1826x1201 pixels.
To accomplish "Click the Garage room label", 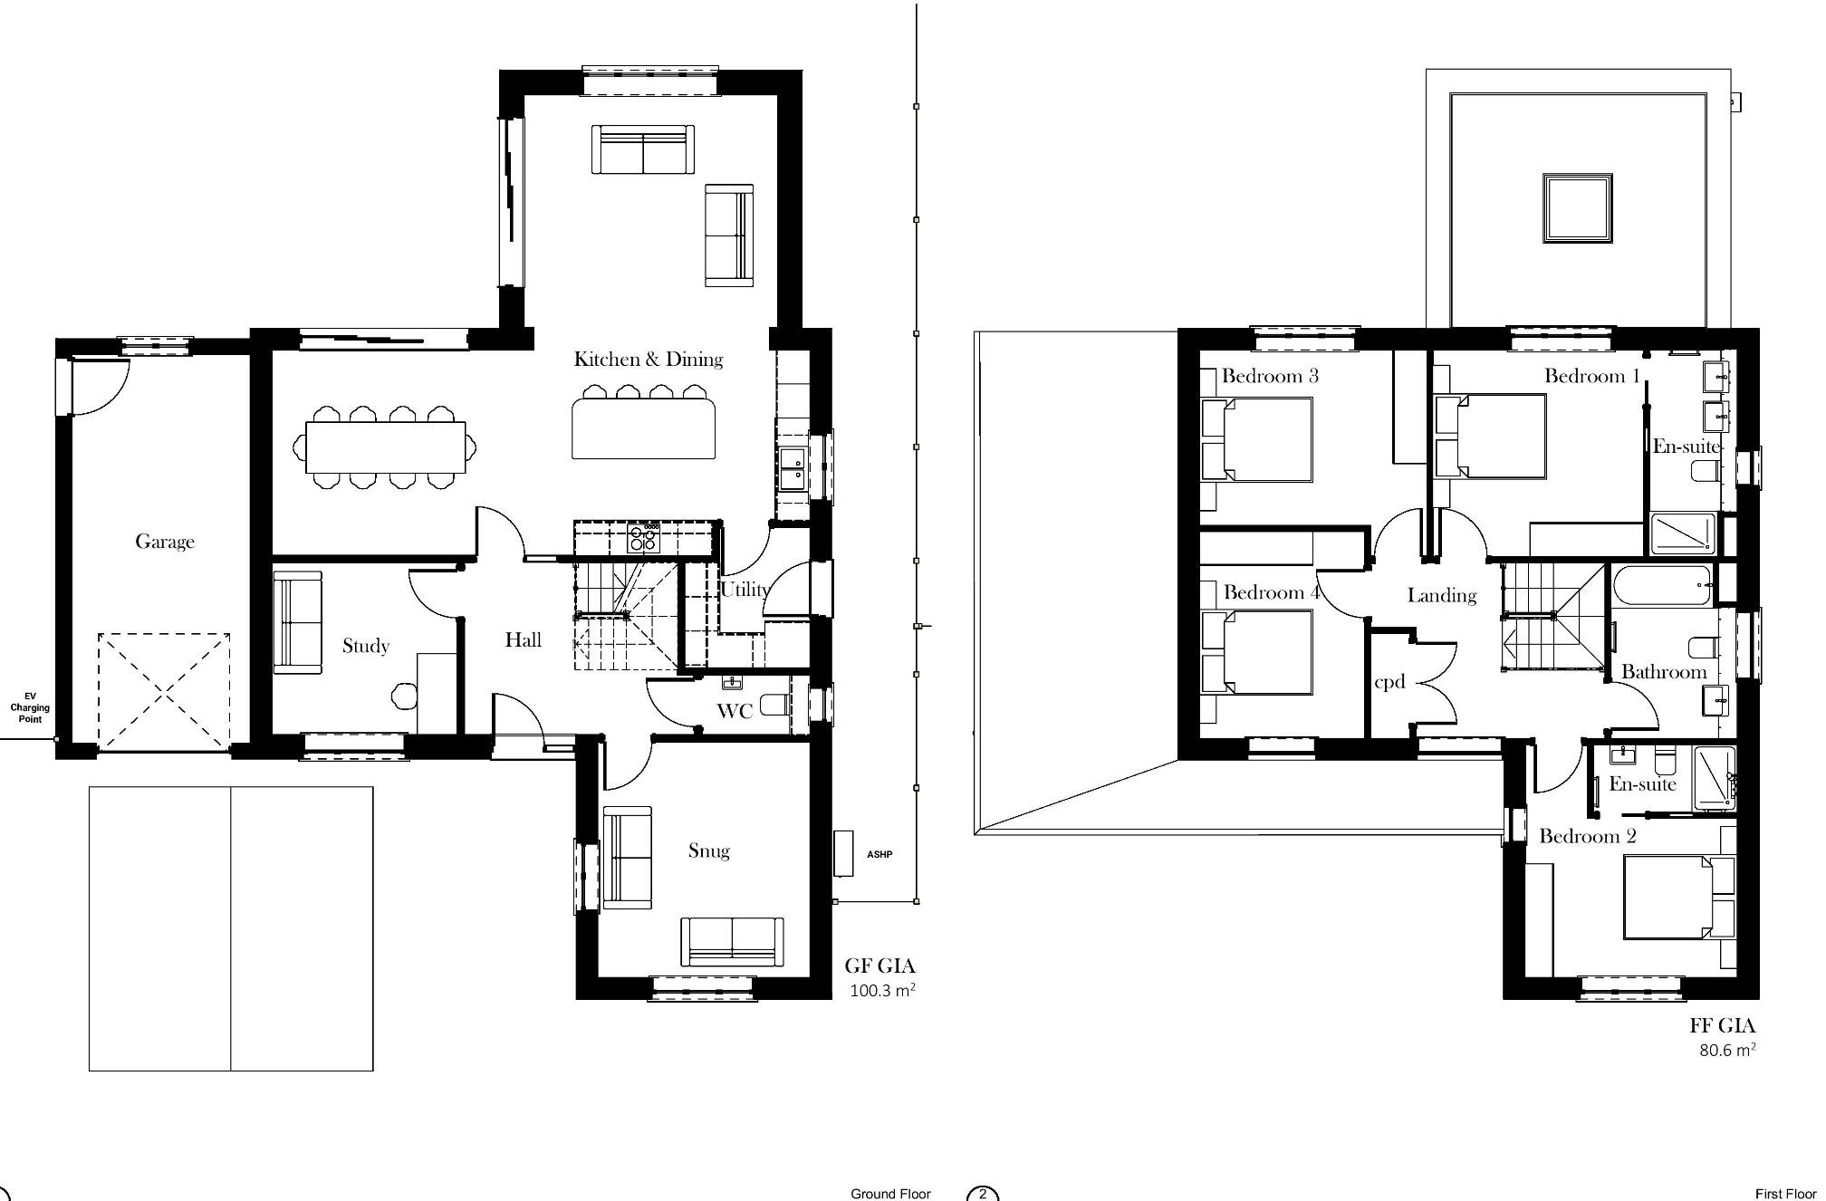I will [x=165, y=542].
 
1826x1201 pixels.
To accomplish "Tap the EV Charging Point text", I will [x=30, y=707].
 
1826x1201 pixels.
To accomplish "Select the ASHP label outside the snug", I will [x=879, y=854].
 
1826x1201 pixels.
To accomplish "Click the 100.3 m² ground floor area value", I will [x=881, y=991].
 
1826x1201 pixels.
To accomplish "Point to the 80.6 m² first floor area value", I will [x=1726, y=1051].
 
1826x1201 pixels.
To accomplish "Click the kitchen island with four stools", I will [x=644, y=429].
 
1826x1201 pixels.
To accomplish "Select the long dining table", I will [x=386, y=447].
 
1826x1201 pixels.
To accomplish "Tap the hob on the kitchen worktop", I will [x=644, y=539].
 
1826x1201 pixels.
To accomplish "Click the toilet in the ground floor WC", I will [x=774, y=704].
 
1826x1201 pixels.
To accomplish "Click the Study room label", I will [x=366, y=646].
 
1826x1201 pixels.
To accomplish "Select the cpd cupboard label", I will [x=1389, y=682].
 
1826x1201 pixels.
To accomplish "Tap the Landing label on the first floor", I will [x=1441, y=595].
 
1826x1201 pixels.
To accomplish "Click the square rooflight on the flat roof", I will [x=1577, y=208].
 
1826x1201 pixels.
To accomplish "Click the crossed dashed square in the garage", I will [x=164, y=692].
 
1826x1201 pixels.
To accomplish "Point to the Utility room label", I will [x=745, y=590].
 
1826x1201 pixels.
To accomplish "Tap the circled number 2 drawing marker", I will [x=983, y=1194].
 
